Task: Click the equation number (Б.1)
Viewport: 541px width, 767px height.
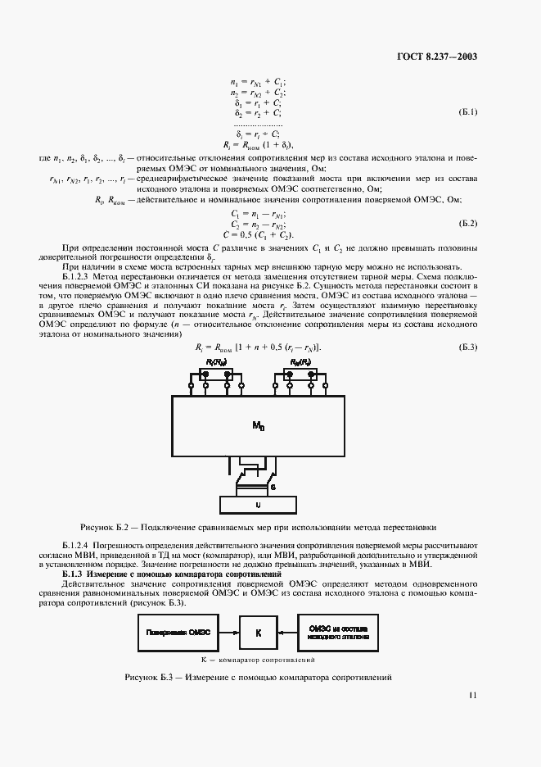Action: [466, 112]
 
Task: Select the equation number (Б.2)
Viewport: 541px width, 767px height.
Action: [466, 223]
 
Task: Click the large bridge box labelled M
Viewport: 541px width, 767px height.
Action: [258, 426]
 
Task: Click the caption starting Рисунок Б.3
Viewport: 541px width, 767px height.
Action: [259, 678]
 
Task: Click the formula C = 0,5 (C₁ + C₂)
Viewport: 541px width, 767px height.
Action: [261, 234]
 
